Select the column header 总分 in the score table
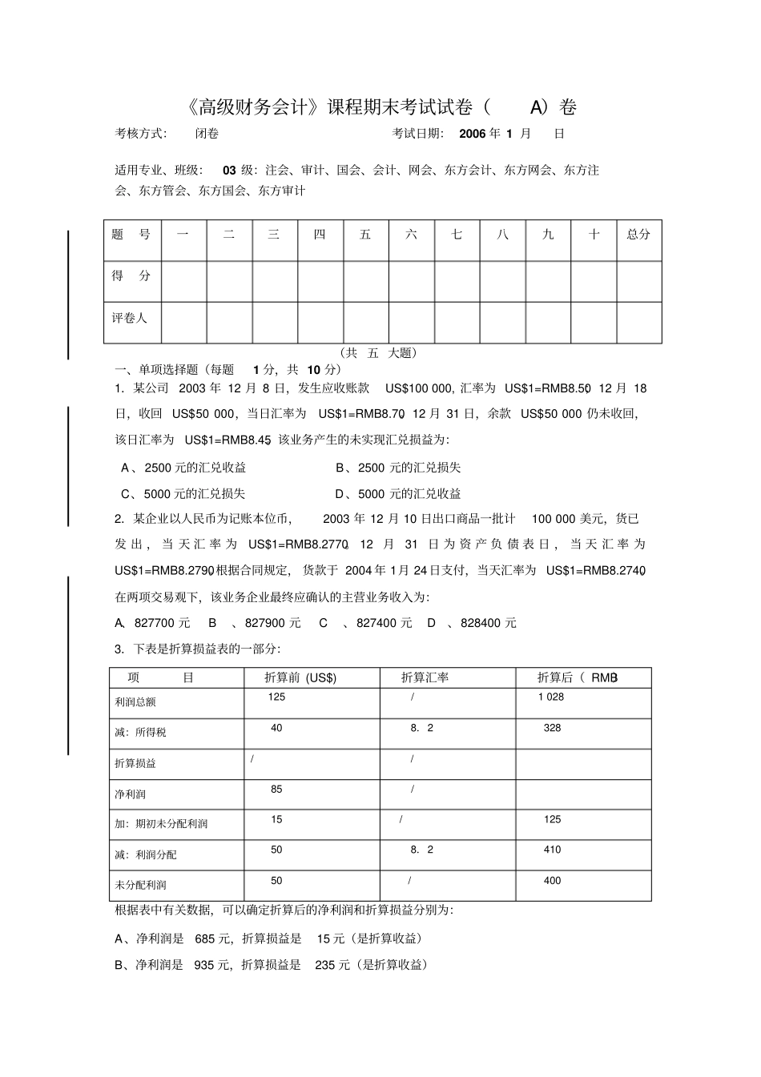[638, 235]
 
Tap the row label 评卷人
[130, 318]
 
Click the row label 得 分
[131, 275]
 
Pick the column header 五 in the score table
[365, 235]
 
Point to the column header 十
[594, 235]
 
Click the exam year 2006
[473, 134]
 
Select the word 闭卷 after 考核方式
[207, 134]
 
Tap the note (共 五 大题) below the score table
[378, 352]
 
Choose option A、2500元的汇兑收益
[183, 468]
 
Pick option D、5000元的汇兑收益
[398, 494]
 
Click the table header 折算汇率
[425, 677]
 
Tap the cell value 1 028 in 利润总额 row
[551, 697]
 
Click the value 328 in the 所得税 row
[552, 728]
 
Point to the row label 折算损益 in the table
[135, 763]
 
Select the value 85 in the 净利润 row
[276, 790]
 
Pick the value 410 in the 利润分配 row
[552, 850]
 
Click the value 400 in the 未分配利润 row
[552, 881]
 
